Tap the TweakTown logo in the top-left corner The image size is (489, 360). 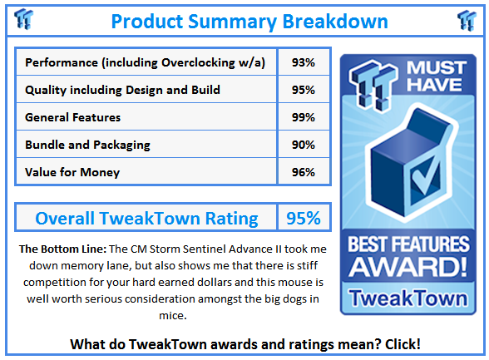tap(24, 20)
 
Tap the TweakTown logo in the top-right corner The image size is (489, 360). tap(467, 20)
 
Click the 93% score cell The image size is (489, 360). tap(304, 62)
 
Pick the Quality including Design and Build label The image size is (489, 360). tap(123, 90)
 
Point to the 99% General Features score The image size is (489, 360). tap(304, 117)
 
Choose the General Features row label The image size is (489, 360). tap(73, 117)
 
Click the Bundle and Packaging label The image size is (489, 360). tap(87, 145)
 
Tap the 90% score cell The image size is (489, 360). tap(304, 145)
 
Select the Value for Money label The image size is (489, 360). tap(72, 172)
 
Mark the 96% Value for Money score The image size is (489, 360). tap(304, 172)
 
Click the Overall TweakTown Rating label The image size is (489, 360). tap(146, 219)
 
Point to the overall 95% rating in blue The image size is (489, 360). tap(304, 219)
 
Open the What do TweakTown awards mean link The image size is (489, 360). tap(244, 343)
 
